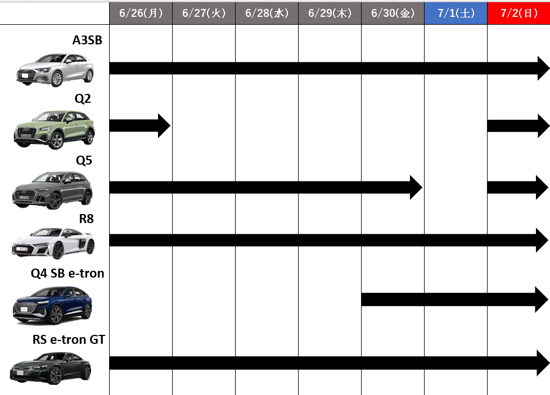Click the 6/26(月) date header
141,13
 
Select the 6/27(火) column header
204,13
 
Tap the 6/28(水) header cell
267,13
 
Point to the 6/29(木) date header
330,13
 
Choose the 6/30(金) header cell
393,13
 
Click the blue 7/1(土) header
456,13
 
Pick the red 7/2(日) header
519,13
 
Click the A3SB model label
87,40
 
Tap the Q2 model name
83,99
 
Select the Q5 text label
84,161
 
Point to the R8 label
86,219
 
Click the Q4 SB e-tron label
67,274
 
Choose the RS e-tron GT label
69,339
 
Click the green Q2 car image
55,130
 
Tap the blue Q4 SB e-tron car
53,305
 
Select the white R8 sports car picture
53,244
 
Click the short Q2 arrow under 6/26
140,125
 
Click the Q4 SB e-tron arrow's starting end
362,299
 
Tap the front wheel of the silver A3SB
56,80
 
